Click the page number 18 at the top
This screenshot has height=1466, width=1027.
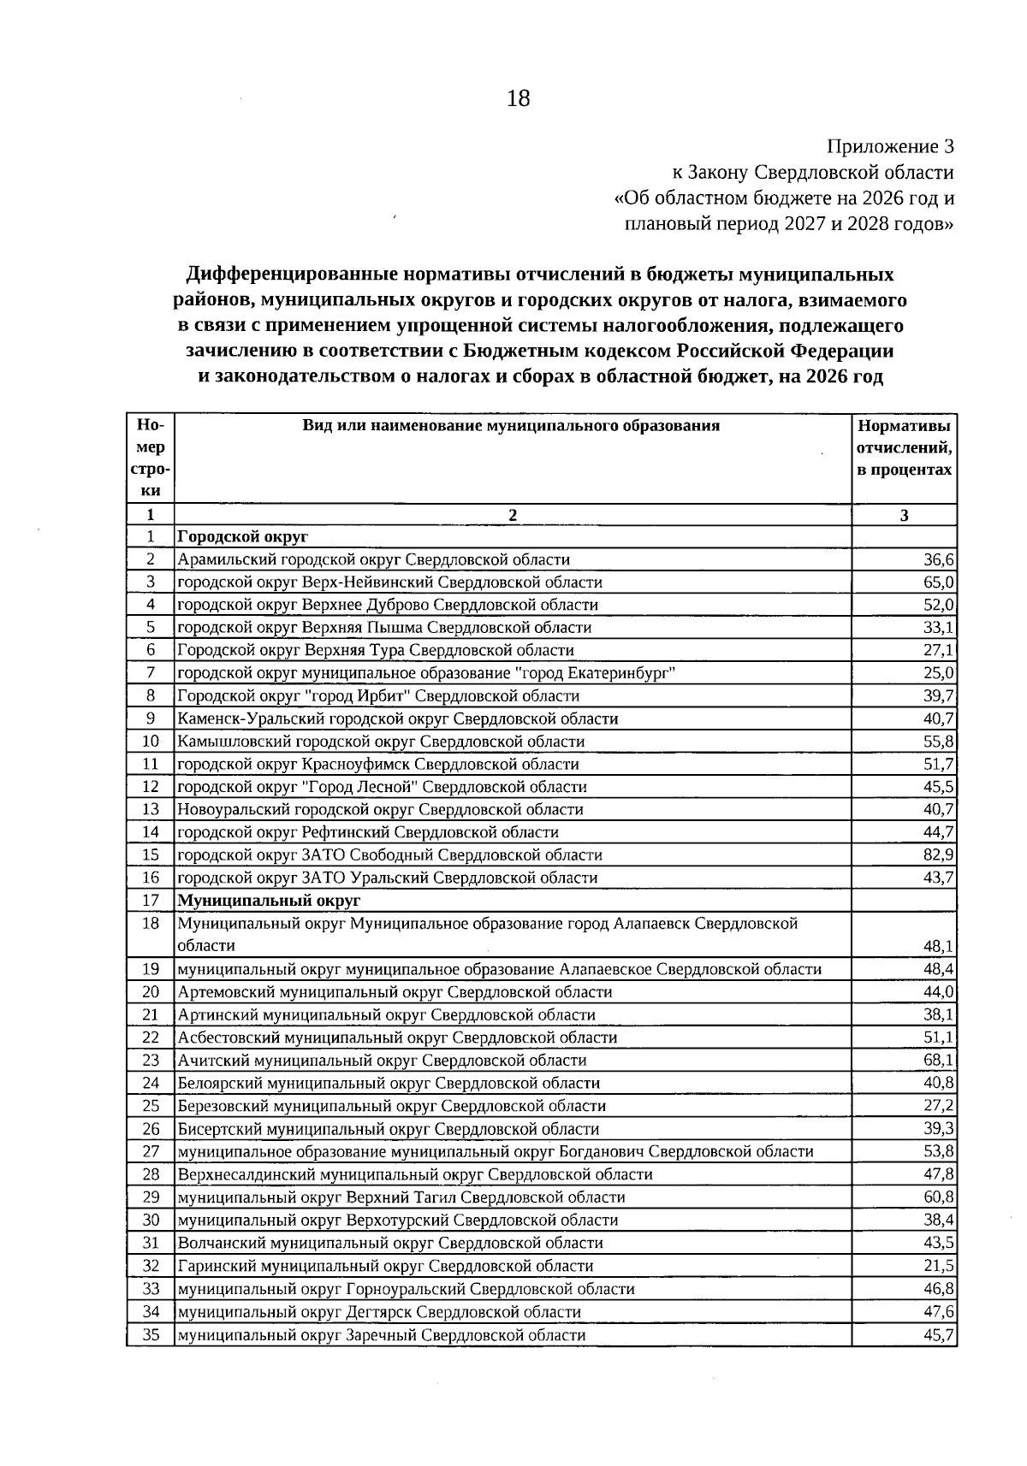pyautogui.click(x=519, y=98)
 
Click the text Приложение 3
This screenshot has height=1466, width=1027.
pyautogui.click(x=890, y=146)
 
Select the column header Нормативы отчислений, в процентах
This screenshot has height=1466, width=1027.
pyautogui.click(x=905, y=448)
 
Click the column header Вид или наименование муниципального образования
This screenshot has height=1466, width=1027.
pyautogui.click(x=512, y=426)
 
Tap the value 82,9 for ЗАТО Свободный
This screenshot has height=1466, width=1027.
pyautogui.click(x=939, y=854)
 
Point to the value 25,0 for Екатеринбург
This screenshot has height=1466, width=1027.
pyautogui.click(x=939, y=673)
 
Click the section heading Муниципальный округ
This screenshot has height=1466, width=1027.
pyautogui.click(x=269, y=901)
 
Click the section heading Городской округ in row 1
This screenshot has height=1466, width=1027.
pyautogui.click(x=242, y=537)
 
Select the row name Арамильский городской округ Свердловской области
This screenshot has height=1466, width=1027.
pyautogui.click(x=373, y=559)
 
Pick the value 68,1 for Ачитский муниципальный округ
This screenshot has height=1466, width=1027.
pyautogui.click(x=939, y=1060)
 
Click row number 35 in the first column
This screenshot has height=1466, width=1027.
pyautogui.click(x=151, y=1335)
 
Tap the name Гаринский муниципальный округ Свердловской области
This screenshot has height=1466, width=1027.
pyautogui.click(x=385, y=1266)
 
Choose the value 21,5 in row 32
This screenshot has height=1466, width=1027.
pyautogui.click(x=939, y=1266)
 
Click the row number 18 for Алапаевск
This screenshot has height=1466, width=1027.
pyautogui.click(x=151, y=924)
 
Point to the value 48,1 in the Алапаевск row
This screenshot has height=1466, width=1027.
pyautogui.click(x=939, y=946)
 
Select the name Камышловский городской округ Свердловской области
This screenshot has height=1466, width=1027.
pyautogui.click(x=381, y=742)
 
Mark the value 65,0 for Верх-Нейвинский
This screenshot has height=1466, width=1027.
pyautogui.click(x=939, y=582)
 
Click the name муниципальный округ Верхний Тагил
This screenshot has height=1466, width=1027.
pyautogui.click(x=401, y=1197)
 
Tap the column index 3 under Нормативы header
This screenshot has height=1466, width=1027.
pyautogui.click(x=904, y=515)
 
